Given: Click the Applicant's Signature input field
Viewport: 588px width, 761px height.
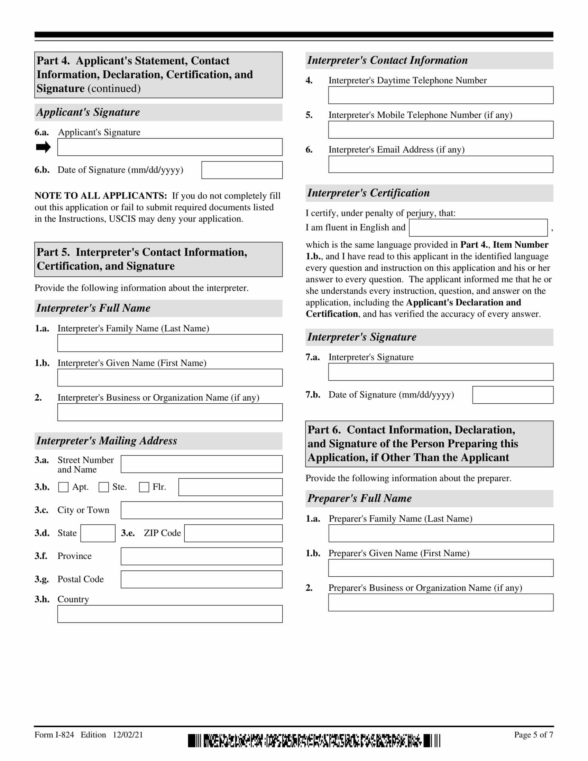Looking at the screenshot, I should tap(169, 147).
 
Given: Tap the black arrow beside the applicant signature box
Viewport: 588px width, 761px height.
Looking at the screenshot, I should tap(43, 147).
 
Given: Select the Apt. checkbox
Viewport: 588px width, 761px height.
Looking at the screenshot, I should tap(63, 487).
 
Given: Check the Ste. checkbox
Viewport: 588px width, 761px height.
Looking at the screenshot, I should tap(103, 487).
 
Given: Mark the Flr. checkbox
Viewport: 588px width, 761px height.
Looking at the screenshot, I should tap(144, 487).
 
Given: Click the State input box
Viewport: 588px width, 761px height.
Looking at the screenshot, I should tap(98, 533).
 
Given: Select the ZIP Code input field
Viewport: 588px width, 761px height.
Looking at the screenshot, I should tap(233, 533).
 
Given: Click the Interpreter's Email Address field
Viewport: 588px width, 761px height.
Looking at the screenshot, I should tap(441, 164).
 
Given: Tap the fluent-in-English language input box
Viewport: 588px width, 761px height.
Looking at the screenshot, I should tap(478, 228).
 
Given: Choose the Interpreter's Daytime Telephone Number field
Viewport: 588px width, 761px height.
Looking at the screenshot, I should tap(441, 95).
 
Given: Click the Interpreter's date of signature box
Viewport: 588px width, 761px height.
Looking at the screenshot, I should tap(512, 395).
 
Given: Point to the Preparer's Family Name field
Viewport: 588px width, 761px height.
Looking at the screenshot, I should tap(441, 533).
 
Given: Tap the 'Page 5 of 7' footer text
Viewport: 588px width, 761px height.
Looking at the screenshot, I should tap(533, 734).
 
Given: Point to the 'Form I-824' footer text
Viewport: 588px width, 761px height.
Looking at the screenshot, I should tap(54, 734).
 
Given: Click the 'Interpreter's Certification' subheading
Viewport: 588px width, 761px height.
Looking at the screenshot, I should tap(368, 193).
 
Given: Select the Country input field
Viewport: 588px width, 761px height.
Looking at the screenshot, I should tap(169, 614).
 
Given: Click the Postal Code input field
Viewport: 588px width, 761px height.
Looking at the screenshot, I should tap(201, 579).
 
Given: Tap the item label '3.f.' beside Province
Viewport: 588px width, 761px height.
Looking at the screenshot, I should tap(41, 556).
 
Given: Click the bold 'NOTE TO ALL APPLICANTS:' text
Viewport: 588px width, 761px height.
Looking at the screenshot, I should tap(101, 195).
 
